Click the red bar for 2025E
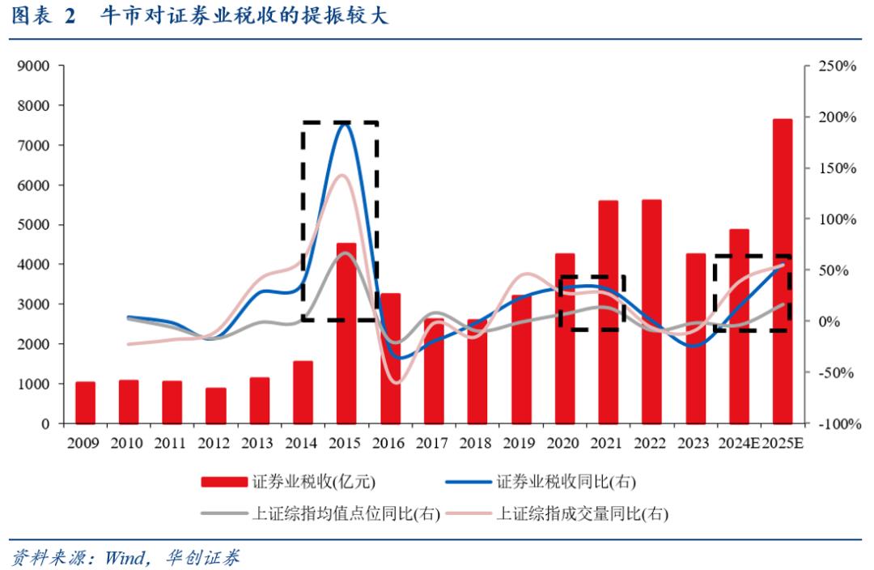(782, 271)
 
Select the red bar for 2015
(346, 333)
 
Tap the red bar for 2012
(215, 406)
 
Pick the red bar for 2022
(651, 312)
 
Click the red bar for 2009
(85, 402)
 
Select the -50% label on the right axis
(837, 373)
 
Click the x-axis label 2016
(389, 444)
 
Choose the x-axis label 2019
(520, 444)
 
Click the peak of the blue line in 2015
(346, 121)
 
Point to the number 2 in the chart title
(70, 16)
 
